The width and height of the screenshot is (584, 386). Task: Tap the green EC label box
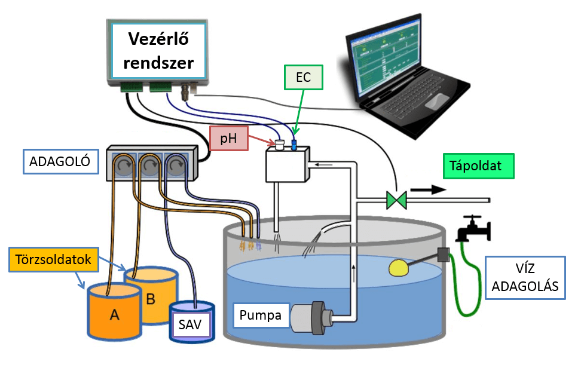[303, 77]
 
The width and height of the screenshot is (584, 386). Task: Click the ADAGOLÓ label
[60, 161]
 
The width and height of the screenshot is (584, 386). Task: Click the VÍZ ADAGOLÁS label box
[525, 278]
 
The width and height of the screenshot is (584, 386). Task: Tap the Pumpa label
[261, 315]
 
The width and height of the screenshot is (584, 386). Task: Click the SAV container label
[190, 326]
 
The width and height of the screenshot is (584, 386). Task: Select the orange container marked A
[114, 314]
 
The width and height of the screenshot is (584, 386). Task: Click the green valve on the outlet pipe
[396, 199]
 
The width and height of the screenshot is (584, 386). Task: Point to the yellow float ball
[400, 268]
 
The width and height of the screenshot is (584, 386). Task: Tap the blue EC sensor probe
[294, 145]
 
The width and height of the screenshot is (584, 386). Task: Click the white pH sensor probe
[279, 144]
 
